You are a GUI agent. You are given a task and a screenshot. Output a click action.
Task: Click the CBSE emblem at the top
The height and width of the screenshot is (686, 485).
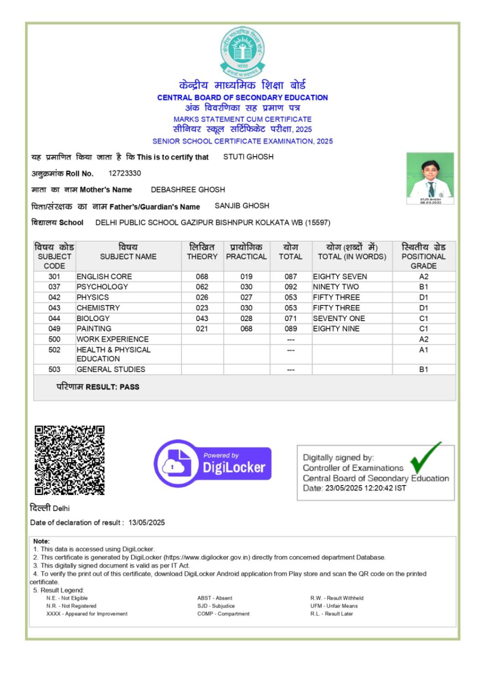(242, 52)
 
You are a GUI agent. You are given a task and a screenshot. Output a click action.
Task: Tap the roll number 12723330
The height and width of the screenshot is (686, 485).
(125, 173)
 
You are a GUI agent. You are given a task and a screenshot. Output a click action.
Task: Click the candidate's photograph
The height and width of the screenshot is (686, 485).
(430, 178)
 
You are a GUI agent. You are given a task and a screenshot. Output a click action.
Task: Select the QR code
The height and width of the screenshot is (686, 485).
(69, 460)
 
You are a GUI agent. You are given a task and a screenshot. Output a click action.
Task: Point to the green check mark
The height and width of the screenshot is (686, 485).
(425, 458)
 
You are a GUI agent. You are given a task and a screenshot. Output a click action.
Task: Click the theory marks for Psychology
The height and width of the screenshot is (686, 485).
(202, 287)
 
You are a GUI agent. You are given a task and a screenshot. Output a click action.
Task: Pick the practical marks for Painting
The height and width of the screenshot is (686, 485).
(246, 329)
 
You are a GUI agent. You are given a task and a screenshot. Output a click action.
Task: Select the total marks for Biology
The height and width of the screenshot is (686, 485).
(290, 318)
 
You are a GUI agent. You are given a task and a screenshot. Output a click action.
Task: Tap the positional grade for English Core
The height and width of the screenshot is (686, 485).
(423, 276)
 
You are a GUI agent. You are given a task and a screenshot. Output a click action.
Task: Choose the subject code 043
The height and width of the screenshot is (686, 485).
(54, 308)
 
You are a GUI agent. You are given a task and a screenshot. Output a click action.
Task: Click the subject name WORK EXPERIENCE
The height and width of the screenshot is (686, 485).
(112, 339)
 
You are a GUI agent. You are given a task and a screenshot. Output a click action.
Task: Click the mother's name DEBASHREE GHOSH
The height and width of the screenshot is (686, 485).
(188, 190)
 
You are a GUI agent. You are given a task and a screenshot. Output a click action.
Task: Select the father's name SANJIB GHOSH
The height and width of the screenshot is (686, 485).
(242, 206)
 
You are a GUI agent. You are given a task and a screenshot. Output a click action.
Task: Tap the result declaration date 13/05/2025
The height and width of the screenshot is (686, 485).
(146, 522)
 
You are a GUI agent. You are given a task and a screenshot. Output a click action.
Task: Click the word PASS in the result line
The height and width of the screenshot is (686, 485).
(129, 387)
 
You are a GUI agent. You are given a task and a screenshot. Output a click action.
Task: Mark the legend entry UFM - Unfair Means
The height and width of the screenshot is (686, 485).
(334, 606)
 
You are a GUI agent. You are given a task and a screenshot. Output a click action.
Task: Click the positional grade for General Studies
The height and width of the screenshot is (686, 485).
(423, 369)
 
